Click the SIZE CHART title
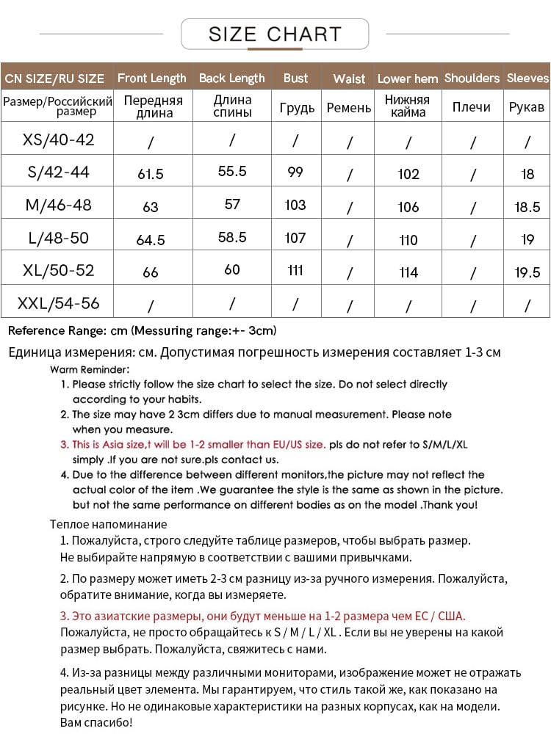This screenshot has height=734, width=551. click(275, 34)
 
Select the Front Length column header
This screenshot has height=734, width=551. click(151, 78)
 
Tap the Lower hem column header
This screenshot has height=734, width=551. click(408, 79)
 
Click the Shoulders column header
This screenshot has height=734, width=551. click(472, 78)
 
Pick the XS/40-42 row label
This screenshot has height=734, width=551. click(59, 139)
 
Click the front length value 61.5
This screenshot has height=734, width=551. click(151, 174)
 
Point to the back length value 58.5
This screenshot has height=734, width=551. click(232, 238)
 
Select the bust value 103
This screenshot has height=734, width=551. click(295, 205)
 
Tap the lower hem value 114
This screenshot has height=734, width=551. click(408, 272)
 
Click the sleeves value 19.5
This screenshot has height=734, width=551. click(527, 272)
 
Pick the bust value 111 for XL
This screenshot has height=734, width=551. click(295, 270)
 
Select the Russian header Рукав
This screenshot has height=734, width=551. click(527, 108)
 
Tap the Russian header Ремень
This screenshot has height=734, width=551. click(349, 108)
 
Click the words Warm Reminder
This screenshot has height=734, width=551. click(90, 369)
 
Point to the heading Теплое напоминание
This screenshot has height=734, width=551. click(109, 524)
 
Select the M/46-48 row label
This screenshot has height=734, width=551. click(59, 205)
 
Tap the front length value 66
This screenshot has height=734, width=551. click(151, 272)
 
